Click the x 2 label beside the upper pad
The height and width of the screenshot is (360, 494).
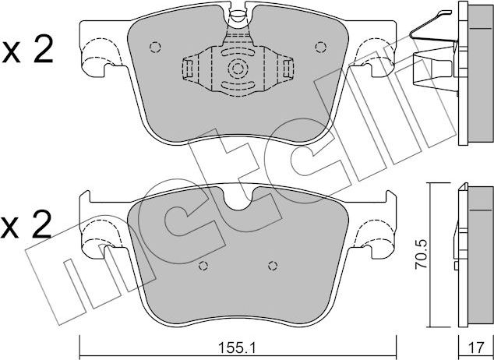tap(28, 51)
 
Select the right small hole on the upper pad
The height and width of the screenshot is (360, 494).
tap(319, 46)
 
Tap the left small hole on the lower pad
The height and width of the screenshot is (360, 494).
tap(203, 266)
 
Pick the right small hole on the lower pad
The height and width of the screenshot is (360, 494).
tap(271, 266)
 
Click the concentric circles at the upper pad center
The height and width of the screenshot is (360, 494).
tap(237, 69)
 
